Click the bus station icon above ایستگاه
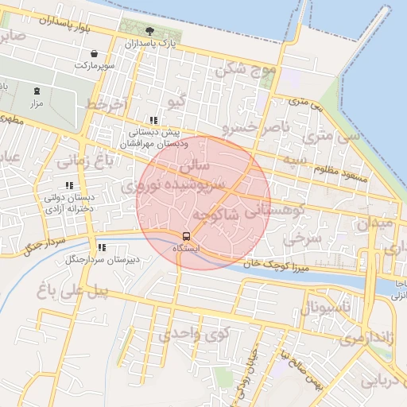(x=186, y=236)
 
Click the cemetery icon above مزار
(x=37, y=91)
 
